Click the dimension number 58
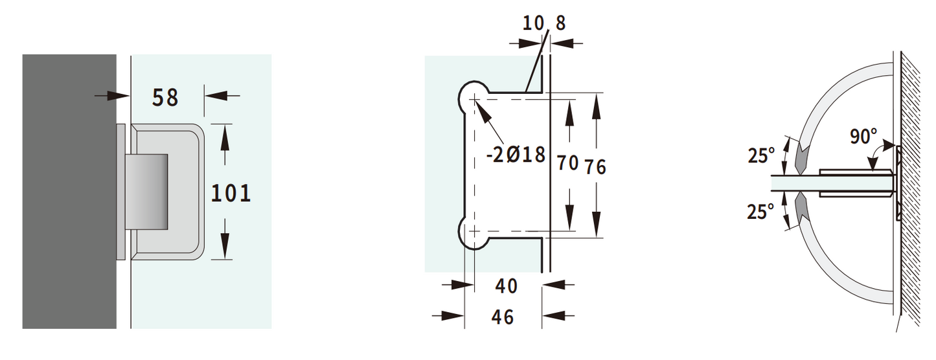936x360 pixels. tap(165, 97)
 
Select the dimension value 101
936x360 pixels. tap(231, 192)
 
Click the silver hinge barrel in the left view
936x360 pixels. tap(148, 192)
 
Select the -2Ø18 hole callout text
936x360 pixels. tap(516, 155)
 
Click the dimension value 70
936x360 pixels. tap(567, 163)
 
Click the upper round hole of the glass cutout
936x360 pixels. tap(475, 98)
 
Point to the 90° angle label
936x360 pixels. tap(863, 137)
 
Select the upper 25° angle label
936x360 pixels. tap(761, 155)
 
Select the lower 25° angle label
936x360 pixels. tap(761, 211)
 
